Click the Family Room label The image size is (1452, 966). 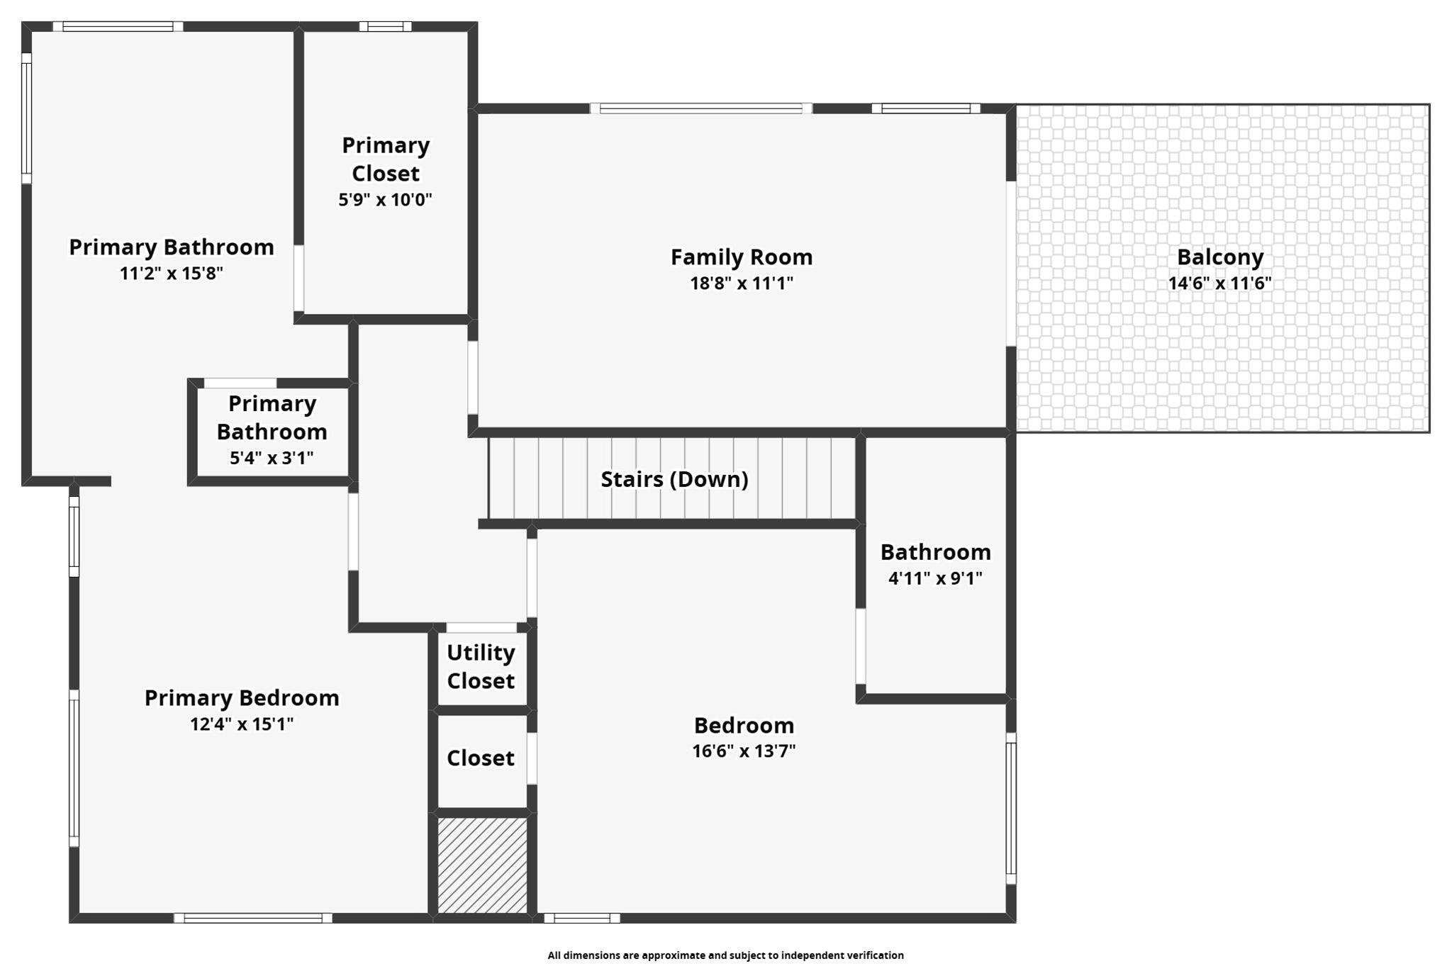pos(742,257)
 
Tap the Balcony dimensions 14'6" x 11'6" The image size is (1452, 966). pos(1219,283)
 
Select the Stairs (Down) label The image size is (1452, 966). pos(674,479)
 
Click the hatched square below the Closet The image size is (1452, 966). pos(482,865)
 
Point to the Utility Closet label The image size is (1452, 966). pos(481,666)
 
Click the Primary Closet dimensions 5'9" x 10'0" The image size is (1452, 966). pos(385,200)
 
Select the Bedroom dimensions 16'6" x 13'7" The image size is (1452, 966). pos(744,751)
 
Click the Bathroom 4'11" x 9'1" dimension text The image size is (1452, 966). pos(935,578)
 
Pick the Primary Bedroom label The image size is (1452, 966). pos(242,697)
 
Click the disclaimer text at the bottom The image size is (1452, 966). pos(725,955)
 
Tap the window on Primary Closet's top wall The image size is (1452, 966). pos(385,27)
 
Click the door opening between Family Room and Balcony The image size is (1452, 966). pos(1011,264)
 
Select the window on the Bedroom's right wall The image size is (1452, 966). pos(1011,808)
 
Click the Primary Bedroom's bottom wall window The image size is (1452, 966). pos(253,918)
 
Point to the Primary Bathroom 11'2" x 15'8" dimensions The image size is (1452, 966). pos(171,274)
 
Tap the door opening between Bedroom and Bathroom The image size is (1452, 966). pos(860,646)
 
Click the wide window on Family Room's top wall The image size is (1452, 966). pos(700,108)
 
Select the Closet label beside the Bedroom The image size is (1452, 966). pos(480,758)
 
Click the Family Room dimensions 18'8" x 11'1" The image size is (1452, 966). pos(742,283)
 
